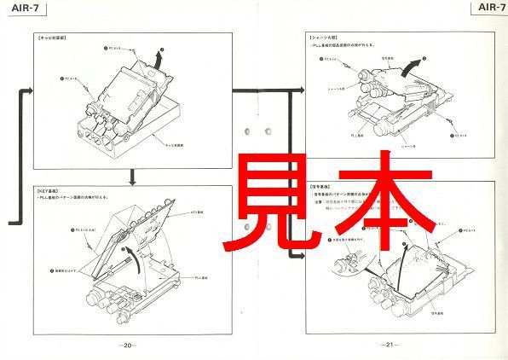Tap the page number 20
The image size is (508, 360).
click(x=127, y=345)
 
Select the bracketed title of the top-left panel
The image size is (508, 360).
click(x=53, y=40)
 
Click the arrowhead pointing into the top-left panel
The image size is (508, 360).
click(x=30, y=88)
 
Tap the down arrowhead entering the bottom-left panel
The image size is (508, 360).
click(x=131, y=181)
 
